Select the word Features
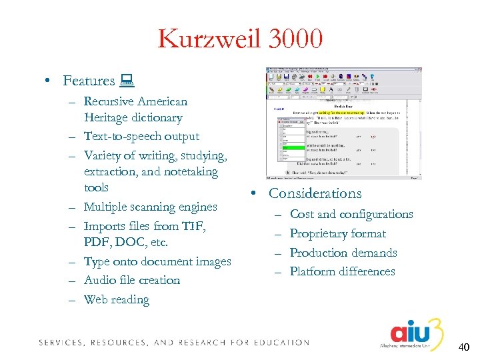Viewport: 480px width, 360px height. (x=89, y=81)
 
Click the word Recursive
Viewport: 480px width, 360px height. (x=109, y=102)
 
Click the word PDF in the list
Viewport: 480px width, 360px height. (x=97, y=243)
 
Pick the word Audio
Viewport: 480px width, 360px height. (x=99, y=281)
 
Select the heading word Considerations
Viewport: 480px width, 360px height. (x=315, y=193)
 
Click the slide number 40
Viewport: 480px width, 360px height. (x=463, y=347)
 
